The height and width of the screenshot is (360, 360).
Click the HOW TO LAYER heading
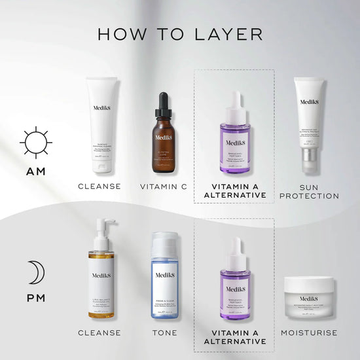click(180, 33)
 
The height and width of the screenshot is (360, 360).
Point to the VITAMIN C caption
click(163, 187)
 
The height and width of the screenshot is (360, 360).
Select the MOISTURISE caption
click(309, 333)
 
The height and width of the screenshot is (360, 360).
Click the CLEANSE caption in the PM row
click(99, 333)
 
